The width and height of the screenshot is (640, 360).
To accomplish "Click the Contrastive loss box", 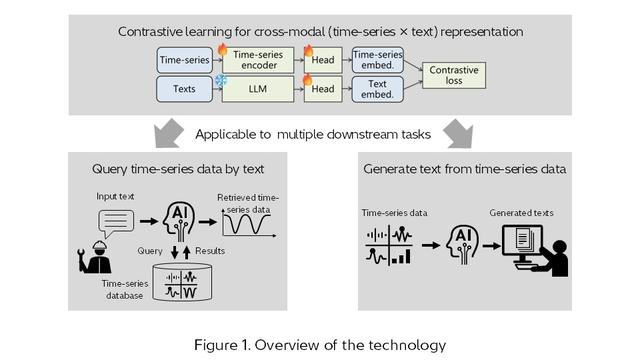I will pos(454,76).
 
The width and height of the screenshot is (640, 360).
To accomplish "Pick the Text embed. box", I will pos(378,89).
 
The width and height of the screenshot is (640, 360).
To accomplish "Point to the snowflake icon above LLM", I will pos(222,78).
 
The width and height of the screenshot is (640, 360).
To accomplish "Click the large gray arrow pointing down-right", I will pos(457,131).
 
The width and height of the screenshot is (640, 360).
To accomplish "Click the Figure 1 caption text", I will pos(320,345).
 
